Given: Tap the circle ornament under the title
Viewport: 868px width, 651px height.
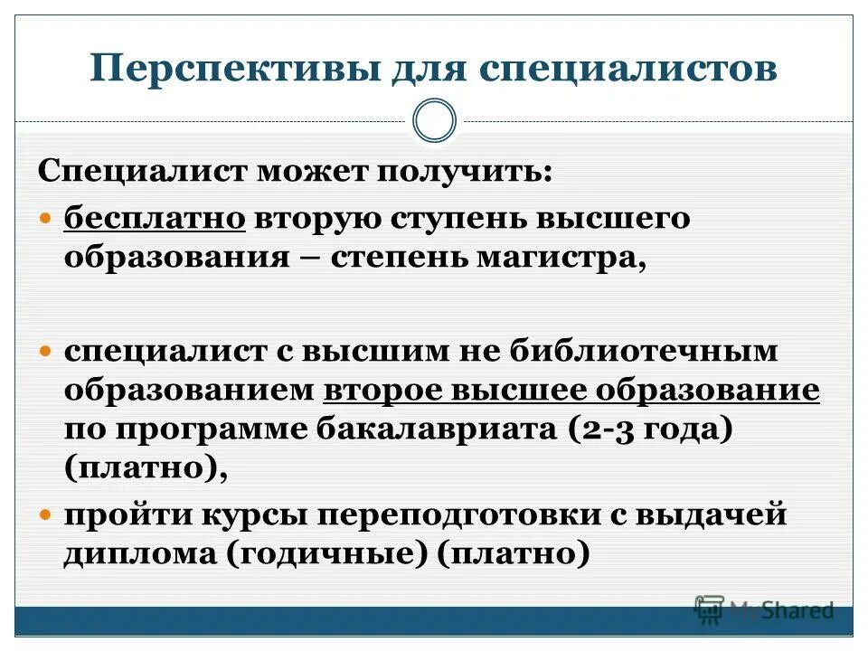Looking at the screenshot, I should click(x=434, y=121).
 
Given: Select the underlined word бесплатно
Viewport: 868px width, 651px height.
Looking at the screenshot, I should click(x=155, y=220).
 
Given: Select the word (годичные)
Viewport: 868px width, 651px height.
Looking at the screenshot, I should click(x=325, y=553).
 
